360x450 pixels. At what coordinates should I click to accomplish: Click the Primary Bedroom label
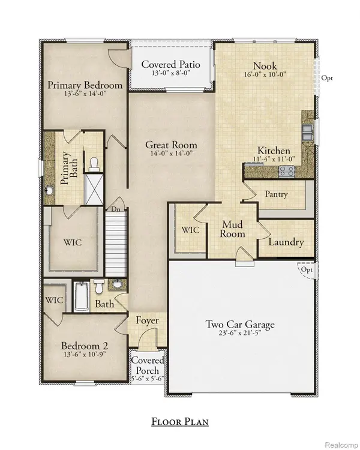point(85,85)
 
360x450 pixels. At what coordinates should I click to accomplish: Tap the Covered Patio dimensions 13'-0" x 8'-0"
point(170,74)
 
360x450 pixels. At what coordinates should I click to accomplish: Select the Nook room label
point(264,67)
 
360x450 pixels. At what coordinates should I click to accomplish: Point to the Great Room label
point(171,145)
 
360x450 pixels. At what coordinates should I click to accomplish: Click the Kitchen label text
point(274,151)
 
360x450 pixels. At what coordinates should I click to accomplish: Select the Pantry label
point(275,194)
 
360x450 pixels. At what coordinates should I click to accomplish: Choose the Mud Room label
point(232,229)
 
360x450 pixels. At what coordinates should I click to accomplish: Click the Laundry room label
point(286,243)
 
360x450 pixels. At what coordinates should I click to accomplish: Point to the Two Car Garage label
point(240,325)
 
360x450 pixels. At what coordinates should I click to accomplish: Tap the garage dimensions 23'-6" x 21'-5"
point(240,335)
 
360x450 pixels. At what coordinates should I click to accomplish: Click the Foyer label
point(147,321)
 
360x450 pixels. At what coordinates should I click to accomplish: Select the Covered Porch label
point(148,366)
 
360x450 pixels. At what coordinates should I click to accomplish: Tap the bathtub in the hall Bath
point(81,298)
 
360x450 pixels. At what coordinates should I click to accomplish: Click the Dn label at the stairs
point(114,210)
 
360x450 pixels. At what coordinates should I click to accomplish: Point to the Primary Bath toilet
point(94,163)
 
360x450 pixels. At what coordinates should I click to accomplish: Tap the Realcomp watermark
point(340,443)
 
